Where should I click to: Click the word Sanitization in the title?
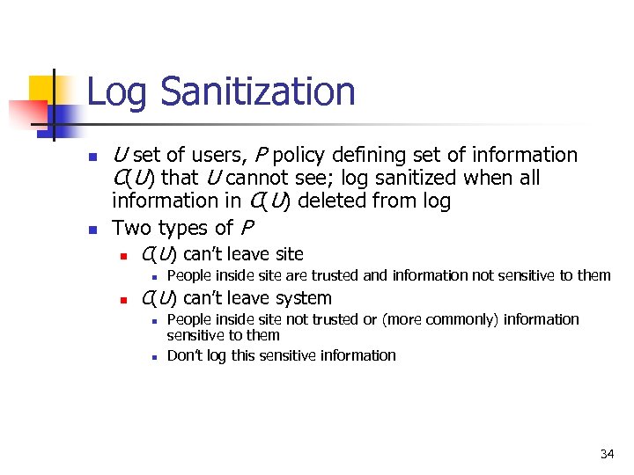pyautogui.click(x=259, y=92)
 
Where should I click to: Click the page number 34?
pyautogui.click(x=607, y=454)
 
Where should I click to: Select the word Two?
pyautogui.click(x=131, y=229)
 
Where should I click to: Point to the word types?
pyautogui.click(x=183, y=229)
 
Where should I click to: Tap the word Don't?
pyautogui.click(x=184, y=355)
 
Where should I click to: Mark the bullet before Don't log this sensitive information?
pyautogui.click(x=153, y=356)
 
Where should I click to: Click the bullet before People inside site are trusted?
pyautogui.click(x=153, y=276)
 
